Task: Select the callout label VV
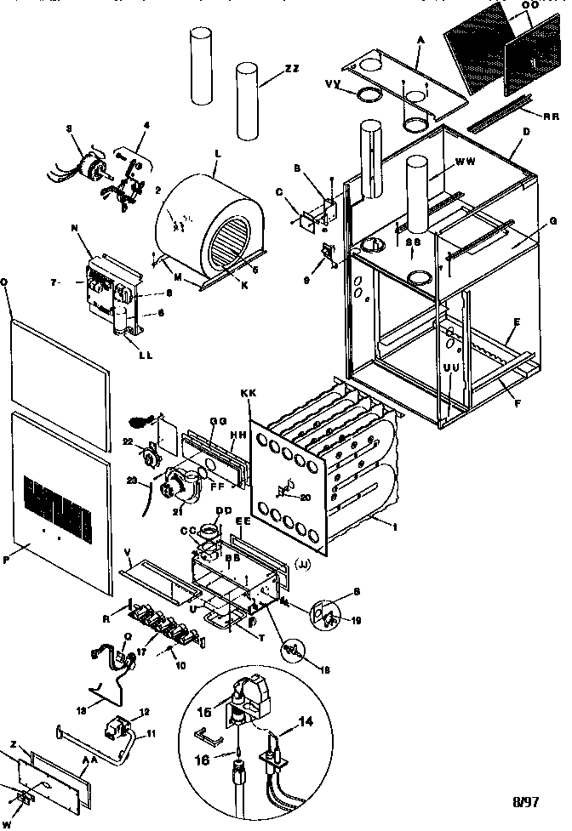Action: (335, 83)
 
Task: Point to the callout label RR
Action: (551, 115)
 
